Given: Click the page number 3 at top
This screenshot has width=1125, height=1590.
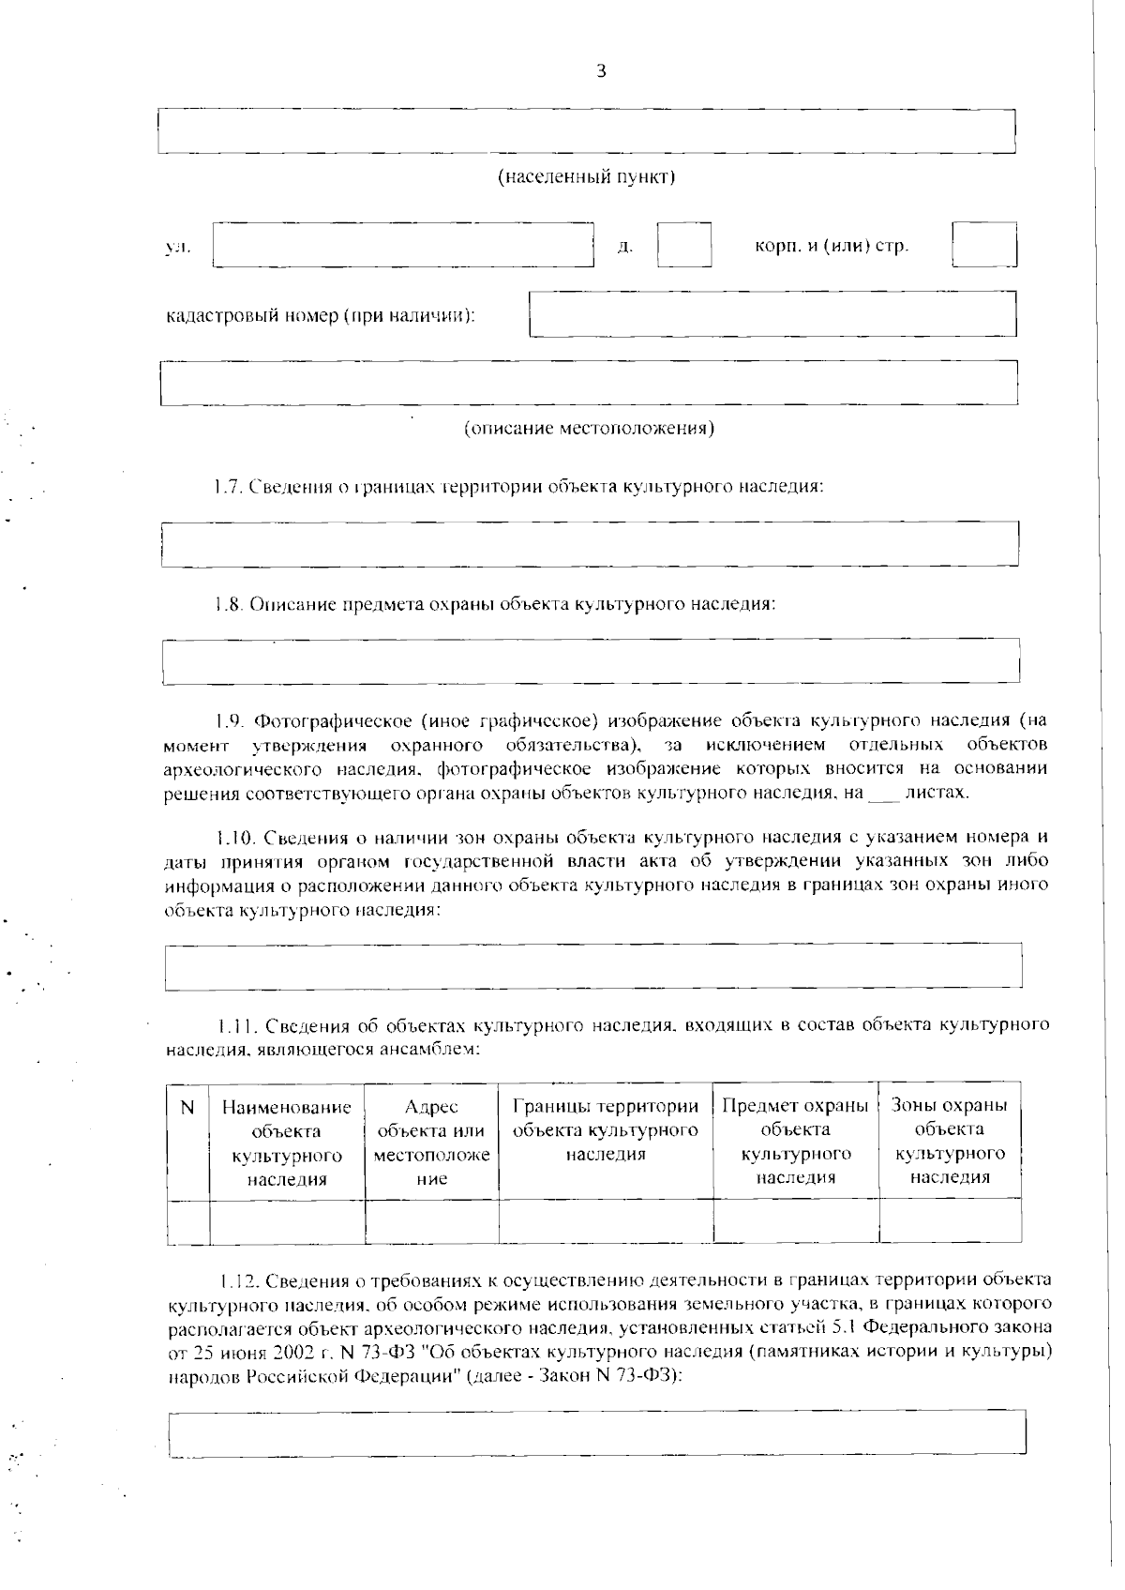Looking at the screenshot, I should pyautogui.click(x=601, y=72).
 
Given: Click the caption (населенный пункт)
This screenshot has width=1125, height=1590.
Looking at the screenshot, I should pyautogui.click(x=586, y=176).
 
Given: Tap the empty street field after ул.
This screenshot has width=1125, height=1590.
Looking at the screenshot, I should pyautogui.click(x=404, y=246).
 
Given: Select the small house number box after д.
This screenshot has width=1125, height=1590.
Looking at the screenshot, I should pyautogui.click(x=683, y=246).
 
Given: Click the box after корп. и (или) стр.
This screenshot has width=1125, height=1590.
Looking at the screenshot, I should pyautogui.click(x=984, y=245).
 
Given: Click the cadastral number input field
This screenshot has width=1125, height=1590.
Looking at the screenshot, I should pyautogui.click(x=772, y=314).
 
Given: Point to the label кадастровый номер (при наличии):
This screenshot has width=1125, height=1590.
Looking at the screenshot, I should pyautogui.click(x=321, y=315).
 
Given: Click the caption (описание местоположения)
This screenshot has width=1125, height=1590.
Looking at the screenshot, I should pyautogui.click(x=590, y=429).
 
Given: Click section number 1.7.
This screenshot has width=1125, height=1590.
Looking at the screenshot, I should pyautogui.click(x=228, y=487).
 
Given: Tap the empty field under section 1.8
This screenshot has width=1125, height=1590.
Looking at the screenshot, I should pyautogui.click(x=591, y=661).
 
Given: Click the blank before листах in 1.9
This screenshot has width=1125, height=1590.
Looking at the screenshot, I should pyautogui.click(x=883, y=794).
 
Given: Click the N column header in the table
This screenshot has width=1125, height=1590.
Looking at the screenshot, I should pyautogui.click(x=187, y=1108).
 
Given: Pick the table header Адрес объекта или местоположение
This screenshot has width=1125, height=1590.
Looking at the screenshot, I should pyautogui.click(x=431, y=1143).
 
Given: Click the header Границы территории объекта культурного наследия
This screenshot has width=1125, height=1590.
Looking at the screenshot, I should pyautogui.click(x=606, y=1130).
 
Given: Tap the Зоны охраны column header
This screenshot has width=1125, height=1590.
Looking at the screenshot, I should pyautogui.click(x=950, y=1141).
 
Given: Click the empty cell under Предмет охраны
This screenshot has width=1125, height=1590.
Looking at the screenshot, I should pyautogui.click(x=795, y=1220).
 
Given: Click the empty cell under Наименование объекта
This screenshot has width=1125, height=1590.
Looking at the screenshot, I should pyautogui.click(x=287, y=1220).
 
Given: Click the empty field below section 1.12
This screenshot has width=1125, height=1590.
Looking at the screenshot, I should pyautogui.click(x=596, y=1433).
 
